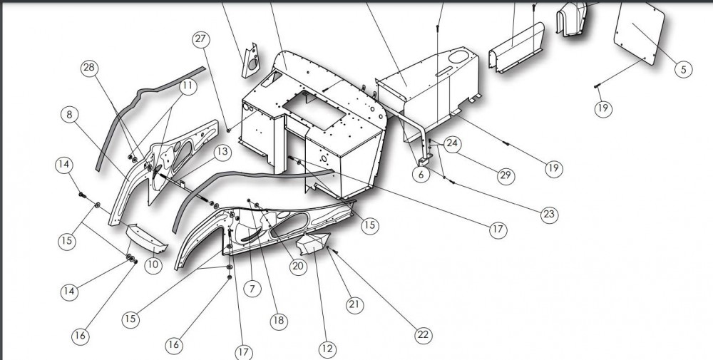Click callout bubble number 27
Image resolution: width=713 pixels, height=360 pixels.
tap(200, 40)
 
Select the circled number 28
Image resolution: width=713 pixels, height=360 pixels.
tap(89, 68)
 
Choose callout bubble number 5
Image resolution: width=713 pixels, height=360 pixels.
tap(682, 69)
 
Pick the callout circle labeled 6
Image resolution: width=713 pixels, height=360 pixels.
tap(421, 173)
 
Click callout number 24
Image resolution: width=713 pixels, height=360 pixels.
tap(452, 143)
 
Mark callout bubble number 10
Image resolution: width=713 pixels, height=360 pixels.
tap(153, 264)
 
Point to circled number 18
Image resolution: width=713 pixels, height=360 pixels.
tap(279, 320)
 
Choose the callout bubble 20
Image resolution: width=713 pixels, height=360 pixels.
tap(297, 266)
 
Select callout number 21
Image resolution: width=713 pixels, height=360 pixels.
tap(354, 305)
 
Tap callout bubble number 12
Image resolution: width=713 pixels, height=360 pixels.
tap(327, 349)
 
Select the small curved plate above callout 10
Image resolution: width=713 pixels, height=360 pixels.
tap(145, 238)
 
